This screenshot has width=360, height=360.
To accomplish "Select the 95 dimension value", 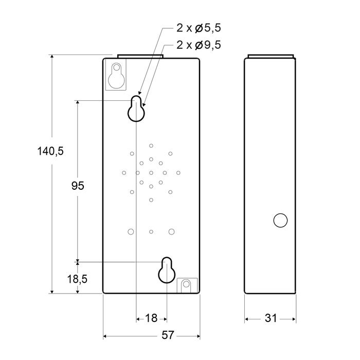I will [x=77, y=186].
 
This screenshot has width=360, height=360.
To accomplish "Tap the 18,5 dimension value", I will [x=77, y=279].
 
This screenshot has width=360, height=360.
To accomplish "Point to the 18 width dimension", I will [x=151, y=318].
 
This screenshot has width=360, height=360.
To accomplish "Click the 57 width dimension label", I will [x=167, y=335].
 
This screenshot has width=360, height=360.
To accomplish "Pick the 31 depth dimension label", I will [x=271, y=318].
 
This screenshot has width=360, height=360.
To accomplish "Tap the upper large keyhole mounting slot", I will [x=136, y=109].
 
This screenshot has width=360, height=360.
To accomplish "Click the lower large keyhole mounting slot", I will [x=167, y=269].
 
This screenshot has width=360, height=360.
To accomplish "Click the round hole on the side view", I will [x=280, y=220].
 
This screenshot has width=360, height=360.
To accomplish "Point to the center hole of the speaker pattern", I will [x=151, y=172].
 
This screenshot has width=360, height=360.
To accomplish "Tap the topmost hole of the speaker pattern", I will [x=151, y=146].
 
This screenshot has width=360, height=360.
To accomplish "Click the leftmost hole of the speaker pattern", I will [x=124, y=172].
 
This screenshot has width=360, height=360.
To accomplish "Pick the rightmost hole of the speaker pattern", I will [x=178, y=172].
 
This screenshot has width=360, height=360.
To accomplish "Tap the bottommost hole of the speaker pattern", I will [x=151, y=200].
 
